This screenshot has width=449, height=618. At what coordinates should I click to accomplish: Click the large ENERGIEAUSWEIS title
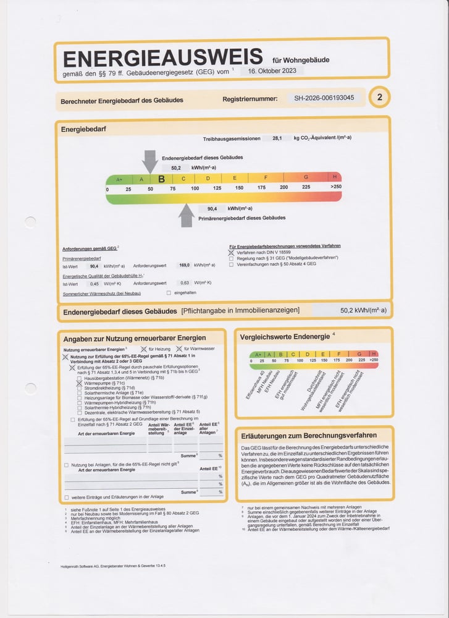click(163, 58)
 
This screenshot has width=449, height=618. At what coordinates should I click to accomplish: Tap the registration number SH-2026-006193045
click(324, 98)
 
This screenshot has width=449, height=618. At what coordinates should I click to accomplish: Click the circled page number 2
click(379, 97)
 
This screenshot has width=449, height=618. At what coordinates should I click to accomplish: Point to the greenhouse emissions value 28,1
click(277, 138)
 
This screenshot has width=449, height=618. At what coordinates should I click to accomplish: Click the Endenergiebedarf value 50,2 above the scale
click(176, 167)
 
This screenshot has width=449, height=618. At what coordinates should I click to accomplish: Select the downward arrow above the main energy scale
click(149, 161)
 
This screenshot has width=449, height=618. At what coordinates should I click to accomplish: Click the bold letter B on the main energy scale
click(161, 179)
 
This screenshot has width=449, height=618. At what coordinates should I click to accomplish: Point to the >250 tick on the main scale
click(335, 188)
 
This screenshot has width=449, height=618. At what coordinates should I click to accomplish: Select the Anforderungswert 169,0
click(183, 265)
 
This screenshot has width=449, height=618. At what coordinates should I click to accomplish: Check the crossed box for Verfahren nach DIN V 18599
click(232, 253)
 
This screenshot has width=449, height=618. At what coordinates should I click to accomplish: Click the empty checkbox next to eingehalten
click(169, 292)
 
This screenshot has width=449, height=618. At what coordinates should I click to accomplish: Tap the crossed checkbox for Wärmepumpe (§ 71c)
click(79, 383)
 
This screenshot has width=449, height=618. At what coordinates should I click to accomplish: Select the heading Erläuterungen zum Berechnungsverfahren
click(309, 435)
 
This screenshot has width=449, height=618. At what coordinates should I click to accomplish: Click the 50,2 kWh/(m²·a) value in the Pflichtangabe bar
click(363, 310)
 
